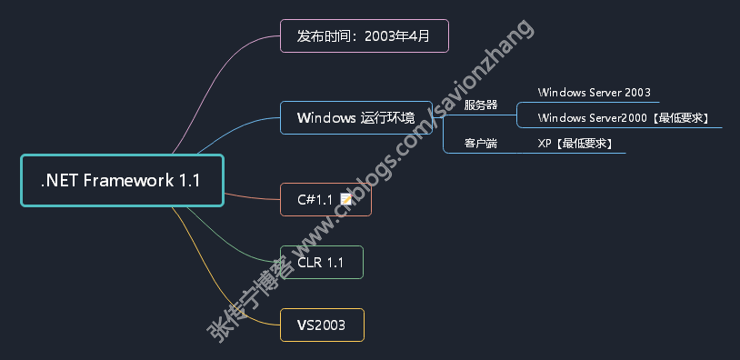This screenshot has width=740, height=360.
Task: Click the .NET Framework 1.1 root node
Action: tap(122, 181)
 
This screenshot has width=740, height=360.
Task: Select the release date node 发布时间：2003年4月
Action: tap(364, 35)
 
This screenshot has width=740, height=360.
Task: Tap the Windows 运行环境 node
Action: tap(356, 117)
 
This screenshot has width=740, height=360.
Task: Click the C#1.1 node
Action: tap(325, 200)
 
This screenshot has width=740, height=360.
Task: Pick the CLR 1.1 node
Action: tap(322, 263)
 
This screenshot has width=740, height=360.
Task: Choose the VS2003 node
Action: tap(322, 325)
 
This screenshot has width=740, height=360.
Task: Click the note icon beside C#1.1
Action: tap(346, 200)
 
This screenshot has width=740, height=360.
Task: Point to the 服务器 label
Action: tap(480, 105)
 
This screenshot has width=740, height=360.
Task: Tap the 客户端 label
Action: tap(480, 144)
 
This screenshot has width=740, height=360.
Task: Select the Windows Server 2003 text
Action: tap(594, 93)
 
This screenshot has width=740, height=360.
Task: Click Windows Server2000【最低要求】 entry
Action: tap(623, 118)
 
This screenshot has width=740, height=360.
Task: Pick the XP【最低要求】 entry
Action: tap(575, 144)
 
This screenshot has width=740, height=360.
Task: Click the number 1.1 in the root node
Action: tap(189, 181)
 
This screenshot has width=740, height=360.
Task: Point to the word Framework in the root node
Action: tap(128, 181)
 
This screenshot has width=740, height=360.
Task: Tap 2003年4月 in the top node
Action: tap(397, 35)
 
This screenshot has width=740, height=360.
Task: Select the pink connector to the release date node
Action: tap(216, 80)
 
